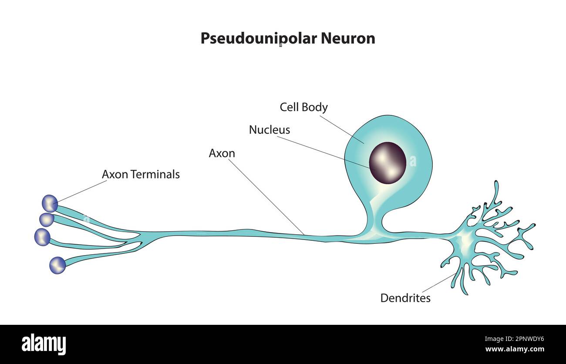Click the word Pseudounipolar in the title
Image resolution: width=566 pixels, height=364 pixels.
coord(259,38)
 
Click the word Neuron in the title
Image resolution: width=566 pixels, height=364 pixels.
coord(348,38)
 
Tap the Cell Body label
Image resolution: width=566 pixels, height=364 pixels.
coord(303,107)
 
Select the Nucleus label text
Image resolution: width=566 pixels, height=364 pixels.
coord(269,130)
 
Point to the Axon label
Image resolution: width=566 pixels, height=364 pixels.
coord(222,153)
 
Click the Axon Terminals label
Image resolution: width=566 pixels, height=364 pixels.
coord(141,175)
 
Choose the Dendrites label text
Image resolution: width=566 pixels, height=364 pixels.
coord(405,298)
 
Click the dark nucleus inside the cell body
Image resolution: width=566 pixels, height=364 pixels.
coord(387,163)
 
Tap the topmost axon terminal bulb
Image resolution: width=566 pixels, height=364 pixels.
coord(50,203)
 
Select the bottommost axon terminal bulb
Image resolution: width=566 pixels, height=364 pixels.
coord(57,265)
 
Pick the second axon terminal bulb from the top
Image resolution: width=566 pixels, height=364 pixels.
coord(47,219)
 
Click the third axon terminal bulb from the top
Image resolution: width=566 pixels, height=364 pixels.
coord(42,236)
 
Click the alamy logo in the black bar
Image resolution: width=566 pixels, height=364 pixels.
coord(44,344)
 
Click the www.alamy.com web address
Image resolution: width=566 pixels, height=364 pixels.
coord(514,349)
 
